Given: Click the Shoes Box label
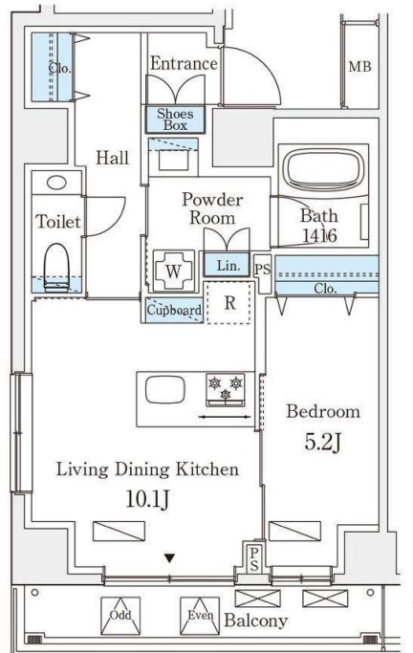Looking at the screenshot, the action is pyautogui.click(x=175, y=120).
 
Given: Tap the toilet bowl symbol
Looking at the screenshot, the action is pyautogui.click(x=56, y=267).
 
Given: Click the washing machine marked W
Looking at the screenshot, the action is pyautogui.click(x=174, y=272).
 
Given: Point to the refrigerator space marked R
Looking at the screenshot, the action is pyautogui.click(x=229, y=303).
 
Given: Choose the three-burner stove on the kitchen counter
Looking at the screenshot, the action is pyautogui.click(x=226, y=390).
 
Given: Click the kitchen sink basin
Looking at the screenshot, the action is pyautogui.click(x=164, y=390).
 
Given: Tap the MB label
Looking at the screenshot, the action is pyautogui.click(x=359, y=67).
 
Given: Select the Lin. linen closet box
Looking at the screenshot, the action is pyautogui.click(x=227, y=265).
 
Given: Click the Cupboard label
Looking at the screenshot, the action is pyautogui.click(x=174, y=310).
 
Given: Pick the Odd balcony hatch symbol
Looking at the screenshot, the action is pyautogui.click(x=120, y=616).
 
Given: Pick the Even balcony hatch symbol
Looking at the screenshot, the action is pyautogui.click(x=200, y=616).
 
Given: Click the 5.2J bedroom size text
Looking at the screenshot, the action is pyautogui.click(x=323, y=443).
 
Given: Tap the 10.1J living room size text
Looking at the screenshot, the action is pyautogui.click(x=148, y=499).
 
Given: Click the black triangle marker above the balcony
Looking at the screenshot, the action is pyautogui.click(x=169, y=558).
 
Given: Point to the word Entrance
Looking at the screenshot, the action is pyautogui.click(x=184, y=63).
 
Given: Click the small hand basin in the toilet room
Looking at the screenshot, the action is pyautogui.click(x=56, y=183).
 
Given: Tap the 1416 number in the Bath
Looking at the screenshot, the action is pyautogui.click(x=319, y=236).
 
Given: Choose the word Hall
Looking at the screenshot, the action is pyautogui.click(x=113, y=158).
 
